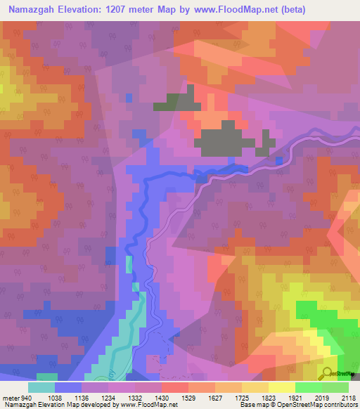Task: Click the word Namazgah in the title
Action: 32,9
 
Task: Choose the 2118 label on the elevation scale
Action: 348,398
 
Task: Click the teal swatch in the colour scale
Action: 42,387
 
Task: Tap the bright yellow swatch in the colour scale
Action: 282,387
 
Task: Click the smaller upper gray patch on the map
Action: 176,100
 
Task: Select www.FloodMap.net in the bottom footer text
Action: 150,405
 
